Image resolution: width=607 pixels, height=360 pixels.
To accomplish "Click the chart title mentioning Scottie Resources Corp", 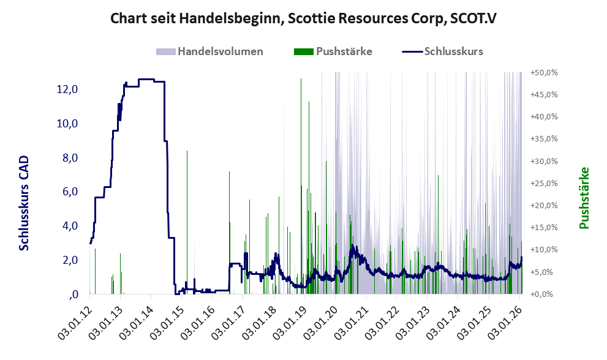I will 303,18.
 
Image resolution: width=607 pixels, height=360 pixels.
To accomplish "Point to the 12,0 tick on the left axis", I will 67,89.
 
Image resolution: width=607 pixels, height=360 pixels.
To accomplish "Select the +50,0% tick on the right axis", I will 544,73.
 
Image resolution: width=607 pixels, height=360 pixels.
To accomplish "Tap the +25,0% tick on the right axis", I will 544,184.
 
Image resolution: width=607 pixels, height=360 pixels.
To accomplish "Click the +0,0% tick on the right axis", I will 544,294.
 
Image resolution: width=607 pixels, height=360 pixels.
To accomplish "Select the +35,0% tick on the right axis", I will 544,139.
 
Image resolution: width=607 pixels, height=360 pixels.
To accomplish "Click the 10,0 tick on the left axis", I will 67,124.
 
